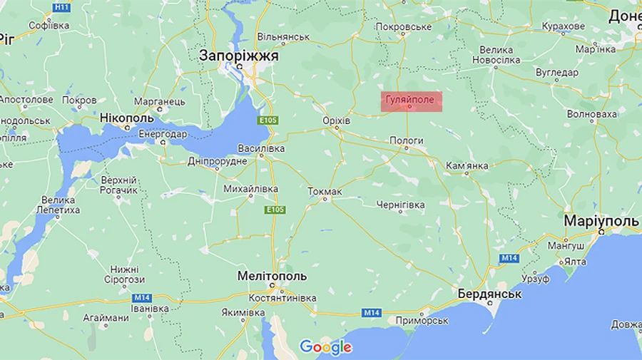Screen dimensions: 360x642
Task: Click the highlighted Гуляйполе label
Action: [410, 100]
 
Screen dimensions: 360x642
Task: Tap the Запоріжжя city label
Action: [238, 56]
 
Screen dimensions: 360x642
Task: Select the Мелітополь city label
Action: [272, 276]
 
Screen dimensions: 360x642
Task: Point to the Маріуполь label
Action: [601, 221]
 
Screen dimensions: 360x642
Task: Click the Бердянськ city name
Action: [489, 294]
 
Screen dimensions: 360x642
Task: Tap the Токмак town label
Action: [325, 192]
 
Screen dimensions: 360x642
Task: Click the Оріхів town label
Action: [336, 121]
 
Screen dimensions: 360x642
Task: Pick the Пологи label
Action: [407, 141]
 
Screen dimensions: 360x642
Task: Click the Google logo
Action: [326, 347]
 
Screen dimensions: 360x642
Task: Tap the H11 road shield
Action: [62, 6]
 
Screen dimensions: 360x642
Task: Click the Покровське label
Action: [403, 27]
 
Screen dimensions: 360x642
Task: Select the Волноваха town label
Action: [591, 114]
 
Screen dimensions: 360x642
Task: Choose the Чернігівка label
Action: [400, 205]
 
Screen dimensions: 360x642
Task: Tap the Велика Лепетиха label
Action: [60, 205]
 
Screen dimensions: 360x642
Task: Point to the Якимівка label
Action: [243, 312]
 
